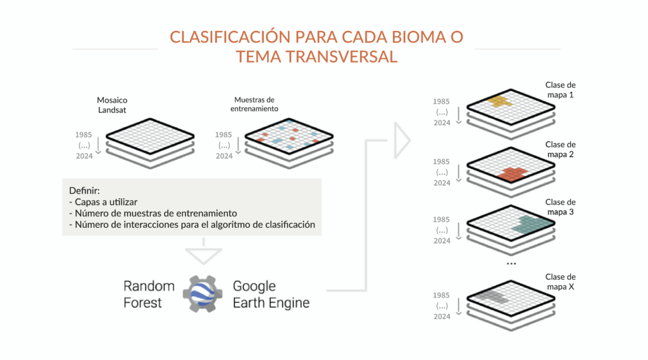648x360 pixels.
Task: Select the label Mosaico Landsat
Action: [x=112, y=105]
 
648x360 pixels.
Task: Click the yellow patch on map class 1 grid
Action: [x=499, y=101]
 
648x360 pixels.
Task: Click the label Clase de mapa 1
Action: [x=560, y=90]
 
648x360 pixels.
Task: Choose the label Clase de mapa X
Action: [x=560, y=282]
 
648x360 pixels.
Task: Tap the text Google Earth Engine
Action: [x=271, y=294]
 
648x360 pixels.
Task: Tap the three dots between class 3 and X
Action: [x=512, y=263]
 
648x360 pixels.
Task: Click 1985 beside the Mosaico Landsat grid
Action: [x=83, y=134]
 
